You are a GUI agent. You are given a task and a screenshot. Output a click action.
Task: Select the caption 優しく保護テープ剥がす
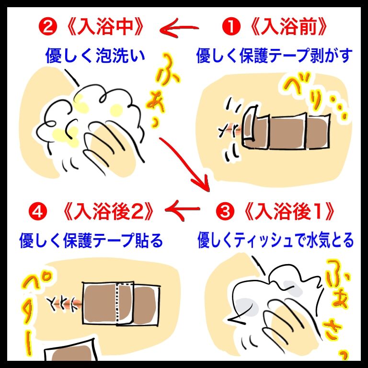(x=274, y=56)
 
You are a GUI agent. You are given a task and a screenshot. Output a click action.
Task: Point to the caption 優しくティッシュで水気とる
(x=276, y=240)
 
